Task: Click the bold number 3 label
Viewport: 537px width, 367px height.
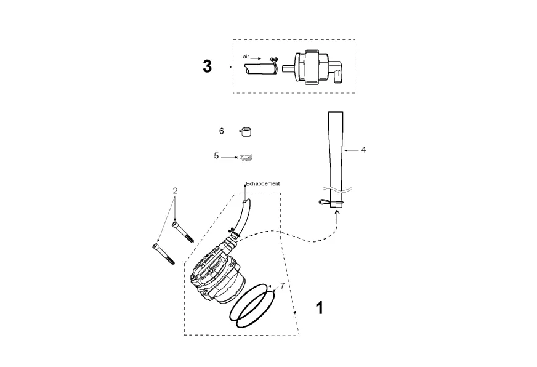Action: pyautogui.click(x=207, y=67)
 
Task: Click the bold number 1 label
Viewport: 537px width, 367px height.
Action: pyautogui.click(x=319, y=308)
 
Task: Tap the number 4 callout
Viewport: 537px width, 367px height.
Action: pyautogui.click(x=364, y=150)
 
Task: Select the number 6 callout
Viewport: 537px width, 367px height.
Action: pyautogui.click(x=222, y=131)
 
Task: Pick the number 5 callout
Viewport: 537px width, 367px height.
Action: pyautogui.click(x=216, y=156)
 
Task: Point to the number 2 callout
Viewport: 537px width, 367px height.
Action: pyautogui.click(x=175, y=191)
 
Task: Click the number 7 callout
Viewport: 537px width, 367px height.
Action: pyautogui.click(x=282, y=286)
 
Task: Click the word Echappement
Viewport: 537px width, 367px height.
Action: pyautogui.click(x=263, y=184)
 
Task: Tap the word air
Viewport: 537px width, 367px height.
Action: pyautogui.click(x=246, y=57)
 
